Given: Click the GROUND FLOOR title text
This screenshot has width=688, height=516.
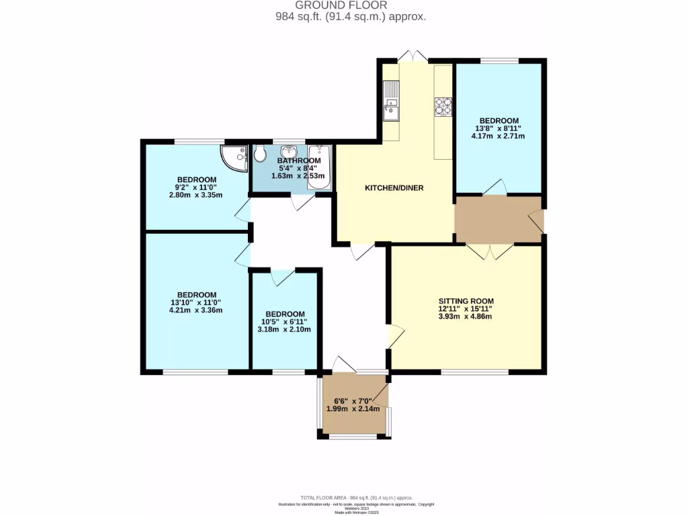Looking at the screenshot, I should pyautogui.click(x=344, y=5).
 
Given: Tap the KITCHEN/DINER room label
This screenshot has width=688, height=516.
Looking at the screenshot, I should pyautogui.click(x=394, y=188).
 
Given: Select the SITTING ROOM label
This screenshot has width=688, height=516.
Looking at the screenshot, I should pyautogui.click(x=466, y=301).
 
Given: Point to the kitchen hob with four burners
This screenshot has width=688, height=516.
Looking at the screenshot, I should pyautogui.click(x=443, y=106).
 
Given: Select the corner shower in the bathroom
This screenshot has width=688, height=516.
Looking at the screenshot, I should pyautogui.click(x=232, y=157).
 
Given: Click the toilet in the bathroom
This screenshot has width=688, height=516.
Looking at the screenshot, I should pyautogui.click(x=261, y=156).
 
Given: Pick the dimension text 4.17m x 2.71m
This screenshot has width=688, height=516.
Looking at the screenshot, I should pyautogui.click(x=498, y=136).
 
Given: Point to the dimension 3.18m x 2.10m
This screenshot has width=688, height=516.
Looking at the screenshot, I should pyautogui.click(x=284, y=329).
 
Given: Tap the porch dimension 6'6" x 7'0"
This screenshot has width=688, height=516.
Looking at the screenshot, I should pyautogui.click(x=353, y=401).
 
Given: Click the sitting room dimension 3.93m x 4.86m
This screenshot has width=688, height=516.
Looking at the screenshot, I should pyautogui.click(x=466, y=316).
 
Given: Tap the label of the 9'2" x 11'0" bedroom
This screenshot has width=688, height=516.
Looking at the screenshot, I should pyautogui.click(x=196, y=179).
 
